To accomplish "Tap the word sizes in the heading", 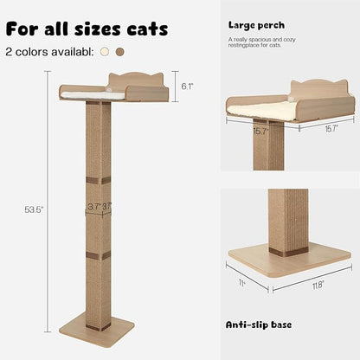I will point(90,29).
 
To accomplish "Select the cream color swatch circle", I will point(105,52).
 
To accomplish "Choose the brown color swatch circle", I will point(120,52).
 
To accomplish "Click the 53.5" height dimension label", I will point(35,209).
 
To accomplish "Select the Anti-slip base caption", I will point(259,325).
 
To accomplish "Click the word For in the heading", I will point(24,29).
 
